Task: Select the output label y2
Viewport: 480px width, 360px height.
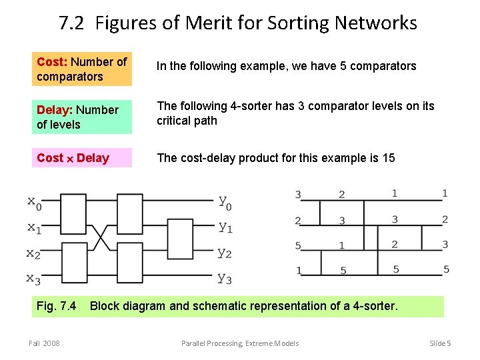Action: pos(225,253)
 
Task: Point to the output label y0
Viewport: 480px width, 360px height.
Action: pos(225,202)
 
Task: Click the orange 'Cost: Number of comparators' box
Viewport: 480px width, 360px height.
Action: pos(82,69)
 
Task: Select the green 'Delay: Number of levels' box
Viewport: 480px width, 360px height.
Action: pos(82,117)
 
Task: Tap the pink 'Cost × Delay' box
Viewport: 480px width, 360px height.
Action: pos(82,158)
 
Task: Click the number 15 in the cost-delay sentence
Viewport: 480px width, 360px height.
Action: pos(388,158)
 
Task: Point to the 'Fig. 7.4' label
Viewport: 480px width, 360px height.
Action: pos(56,307)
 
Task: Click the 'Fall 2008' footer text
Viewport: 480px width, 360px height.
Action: pos(44,343)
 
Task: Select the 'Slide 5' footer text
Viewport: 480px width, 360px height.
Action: pos(440,343)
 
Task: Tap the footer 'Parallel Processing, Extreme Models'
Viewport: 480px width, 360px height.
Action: pos(240,343)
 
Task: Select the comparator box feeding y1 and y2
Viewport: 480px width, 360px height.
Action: pos(182,240)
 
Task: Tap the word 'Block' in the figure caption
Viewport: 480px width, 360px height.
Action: pos(105,307)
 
